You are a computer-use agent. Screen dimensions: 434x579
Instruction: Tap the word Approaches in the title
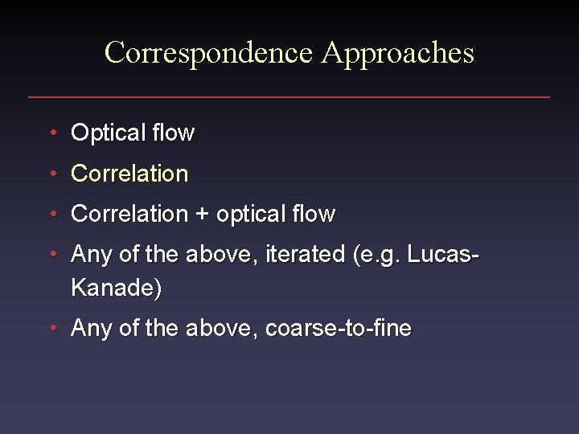click(398, 53)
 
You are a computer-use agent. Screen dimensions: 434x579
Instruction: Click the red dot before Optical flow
click(52, 132)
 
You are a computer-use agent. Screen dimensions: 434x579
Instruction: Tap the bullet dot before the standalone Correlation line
click(52, 173)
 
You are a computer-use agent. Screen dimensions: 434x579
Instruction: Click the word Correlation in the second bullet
click(129, 173)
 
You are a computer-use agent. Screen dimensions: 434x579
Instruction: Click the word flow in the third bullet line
click(314, 214)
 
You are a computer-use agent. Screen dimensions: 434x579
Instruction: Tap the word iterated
click(307, 254)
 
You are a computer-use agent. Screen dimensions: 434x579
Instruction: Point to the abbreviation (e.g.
click(376, 256)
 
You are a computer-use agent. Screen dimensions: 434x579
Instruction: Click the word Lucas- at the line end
click(444, 254)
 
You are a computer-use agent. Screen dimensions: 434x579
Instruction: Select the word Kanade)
click(116, 288)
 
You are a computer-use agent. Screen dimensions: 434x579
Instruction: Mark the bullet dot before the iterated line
click(52, 254)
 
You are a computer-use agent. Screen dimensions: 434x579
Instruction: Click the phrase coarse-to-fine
click(338, 328)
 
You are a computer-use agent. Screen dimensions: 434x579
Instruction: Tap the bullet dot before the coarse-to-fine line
click(52, 328)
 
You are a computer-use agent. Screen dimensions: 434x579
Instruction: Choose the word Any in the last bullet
click(89, 329)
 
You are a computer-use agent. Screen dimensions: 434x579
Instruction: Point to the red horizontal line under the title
click(289, 97)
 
